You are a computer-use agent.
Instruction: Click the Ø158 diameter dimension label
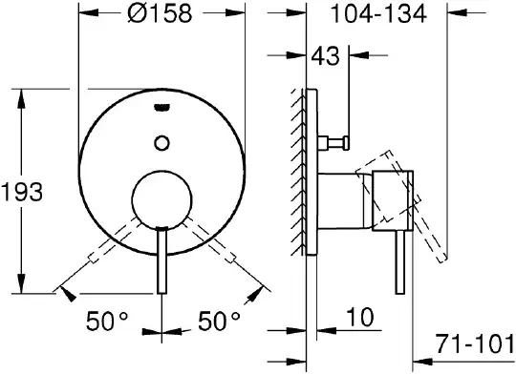[x=160, y=13]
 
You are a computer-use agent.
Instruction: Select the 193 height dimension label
[x=22, y=193]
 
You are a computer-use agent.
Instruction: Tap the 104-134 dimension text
[x=378, y=13]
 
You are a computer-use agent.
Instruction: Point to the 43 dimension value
[x=325, y=56]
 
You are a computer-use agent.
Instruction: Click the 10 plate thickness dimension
[x=360, y=317]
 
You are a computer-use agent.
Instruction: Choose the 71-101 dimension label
[x=474, y=343]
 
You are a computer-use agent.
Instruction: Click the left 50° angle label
[x=107, y=321]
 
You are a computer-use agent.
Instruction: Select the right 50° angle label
[x=219, y=321]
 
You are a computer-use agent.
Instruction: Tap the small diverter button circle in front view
[x=161, y=143]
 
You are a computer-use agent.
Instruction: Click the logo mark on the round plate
[x=161, y=107]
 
